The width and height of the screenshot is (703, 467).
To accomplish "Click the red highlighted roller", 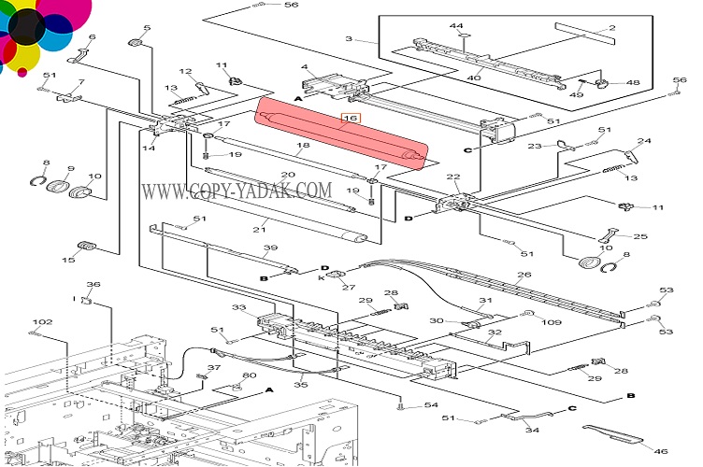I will (341, 135).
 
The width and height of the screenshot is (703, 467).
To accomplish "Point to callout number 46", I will (661, 451).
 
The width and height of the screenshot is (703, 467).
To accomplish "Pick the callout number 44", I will (457, 25).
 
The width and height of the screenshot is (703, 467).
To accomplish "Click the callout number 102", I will (42, 322).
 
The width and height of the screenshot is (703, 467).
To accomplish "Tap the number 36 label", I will (93, 285).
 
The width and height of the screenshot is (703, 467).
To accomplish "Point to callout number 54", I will (431, 404).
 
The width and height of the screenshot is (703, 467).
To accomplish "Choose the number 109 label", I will (552, 322).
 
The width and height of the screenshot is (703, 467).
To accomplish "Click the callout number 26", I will (524, 275).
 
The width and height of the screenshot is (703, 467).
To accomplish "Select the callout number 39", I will (270, 248).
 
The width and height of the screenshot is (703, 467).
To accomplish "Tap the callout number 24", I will (644, 142).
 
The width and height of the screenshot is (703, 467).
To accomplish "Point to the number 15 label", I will (69, 259).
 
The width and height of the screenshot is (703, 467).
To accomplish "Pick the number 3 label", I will (349, 39).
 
